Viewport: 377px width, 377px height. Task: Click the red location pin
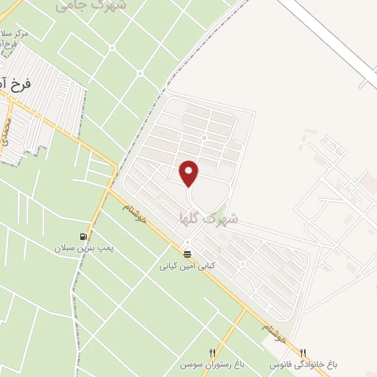(189, 173)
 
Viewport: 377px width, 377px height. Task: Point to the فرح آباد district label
(15, 84)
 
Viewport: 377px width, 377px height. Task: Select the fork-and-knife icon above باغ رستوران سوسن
(213, 353)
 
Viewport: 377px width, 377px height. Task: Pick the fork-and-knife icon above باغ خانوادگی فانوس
(303, 353)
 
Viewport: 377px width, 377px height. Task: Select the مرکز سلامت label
(15, 34)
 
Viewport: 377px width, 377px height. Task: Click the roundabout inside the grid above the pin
(203, 138)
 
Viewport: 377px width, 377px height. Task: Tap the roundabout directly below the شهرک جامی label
(112, 48)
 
